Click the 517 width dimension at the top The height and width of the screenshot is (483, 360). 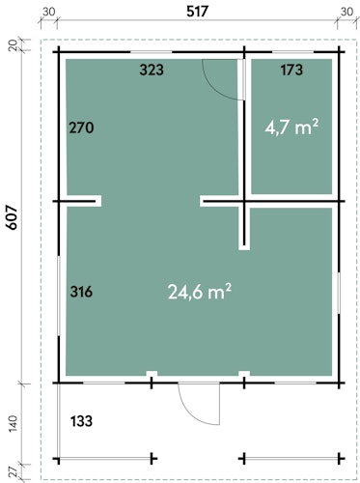coord(197,12)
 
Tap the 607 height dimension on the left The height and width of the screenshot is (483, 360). coord(12,217)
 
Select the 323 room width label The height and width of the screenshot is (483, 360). coord(152,70)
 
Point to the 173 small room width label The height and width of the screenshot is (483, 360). coord(291,70)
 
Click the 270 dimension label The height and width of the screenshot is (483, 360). coord(82,128)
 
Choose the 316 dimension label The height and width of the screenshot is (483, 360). coord(81,292)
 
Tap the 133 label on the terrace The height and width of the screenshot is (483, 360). coord(81,421)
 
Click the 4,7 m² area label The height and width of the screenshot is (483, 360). coord(291,128)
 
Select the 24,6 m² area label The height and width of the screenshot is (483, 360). coord(200,292)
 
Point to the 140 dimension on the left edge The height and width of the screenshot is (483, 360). coord(13,424)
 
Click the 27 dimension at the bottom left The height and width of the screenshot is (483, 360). coord(13,473)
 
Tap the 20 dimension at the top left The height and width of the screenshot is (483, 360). coord(12,45)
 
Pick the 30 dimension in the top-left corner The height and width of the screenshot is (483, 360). coord(48,12)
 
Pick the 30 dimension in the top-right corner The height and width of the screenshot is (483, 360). coord(346,12)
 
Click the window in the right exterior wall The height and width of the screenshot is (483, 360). coord(339,293)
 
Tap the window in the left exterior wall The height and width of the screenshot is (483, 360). coord(59,296)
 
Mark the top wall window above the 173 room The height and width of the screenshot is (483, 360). coord(293,52)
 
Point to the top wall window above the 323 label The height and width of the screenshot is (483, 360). coord(152,52)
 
